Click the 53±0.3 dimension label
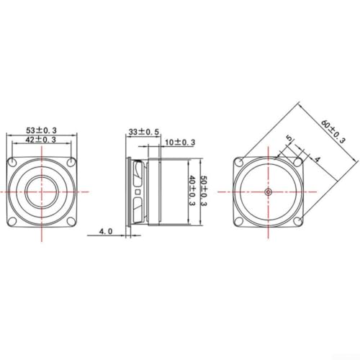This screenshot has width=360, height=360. (x=41, y=130)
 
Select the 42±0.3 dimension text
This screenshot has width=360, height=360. (x=41, y=140)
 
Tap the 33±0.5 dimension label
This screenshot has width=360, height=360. (x=144, y=132)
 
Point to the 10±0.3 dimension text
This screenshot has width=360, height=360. (x=180, y=143)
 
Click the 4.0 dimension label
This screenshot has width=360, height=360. (x=106, y=231)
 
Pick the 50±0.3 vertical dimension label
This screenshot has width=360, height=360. (x=204, y=191)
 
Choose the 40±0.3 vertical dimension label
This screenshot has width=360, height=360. (x=193, y=191)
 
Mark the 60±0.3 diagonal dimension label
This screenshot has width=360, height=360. (x=333, y=132)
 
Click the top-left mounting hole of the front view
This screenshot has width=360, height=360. (x=12, y=162)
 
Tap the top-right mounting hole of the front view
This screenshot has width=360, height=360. (x=71, y=162)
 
